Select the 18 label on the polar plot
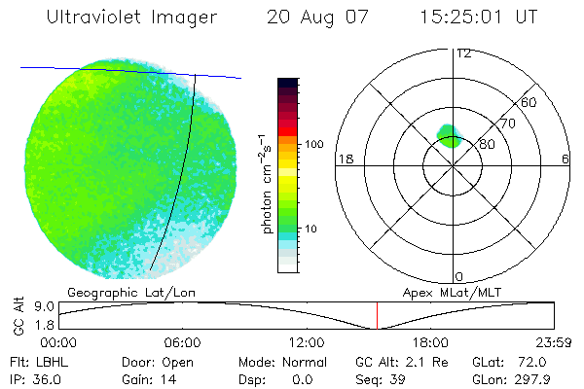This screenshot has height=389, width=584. point(344,159)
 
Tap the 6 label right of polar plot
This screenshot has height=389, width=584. point(566,159)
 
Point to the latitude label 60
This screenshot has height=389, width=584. point(529,102)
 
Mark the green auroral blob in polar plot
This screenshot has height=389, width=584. point(449,135)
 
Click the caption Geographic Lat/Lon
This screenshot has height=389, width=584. point(113,292)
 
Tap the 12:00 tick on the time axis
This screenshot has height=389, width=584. point(307,341)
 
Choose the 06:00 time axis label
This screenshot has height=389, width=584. point(183,341)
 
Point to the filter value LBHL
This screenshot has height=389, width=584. point(48,362)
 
